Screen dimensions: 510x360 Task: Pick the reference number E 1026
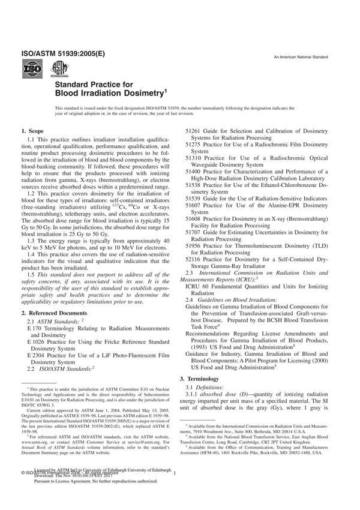tap(37, 344)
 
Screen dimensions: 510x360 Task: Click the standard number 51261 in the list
tap(193, 130)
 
